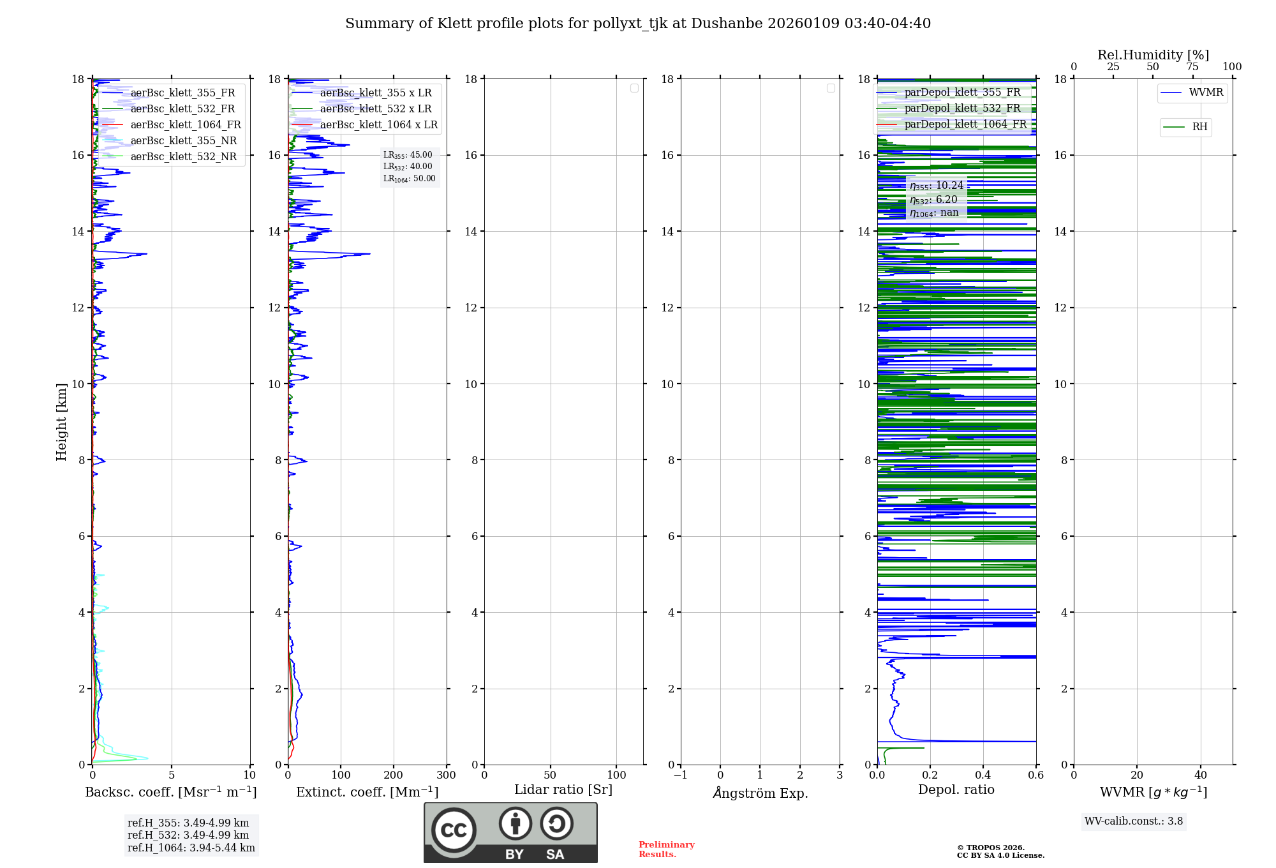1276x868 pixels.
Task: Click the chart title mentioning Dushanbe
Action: click(x=638, y=24)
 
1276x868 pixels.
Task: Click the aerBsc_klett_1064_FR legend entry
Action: click(x=185, y=125)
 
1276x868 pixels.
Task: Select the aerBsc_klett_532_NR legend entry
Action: click(x=183, y=157)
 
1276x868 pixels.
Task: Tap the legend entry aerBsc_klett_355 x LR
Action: click(x=375, y=93)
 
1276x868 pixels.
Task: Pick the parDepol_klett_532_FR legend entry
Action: click(x=962, y=108)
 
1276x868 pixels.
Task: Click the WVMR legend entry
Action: click(x=1206, y=93)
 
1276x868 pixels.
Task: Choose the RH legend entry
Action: click(x=1199, y=127)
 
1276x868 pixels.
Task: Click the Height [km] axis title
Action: click(x=61, y=422)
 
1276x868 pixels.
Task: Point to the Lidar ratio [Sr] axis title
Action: click(x=563, y=790)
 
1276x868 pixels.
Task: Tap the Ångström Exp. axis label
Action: click(x=760, y=793)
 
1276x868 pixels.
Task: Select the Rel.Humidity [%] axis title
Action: click(x=1153, y=55)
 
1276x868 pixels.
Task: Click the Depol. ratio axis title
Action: click(x=956, y=790)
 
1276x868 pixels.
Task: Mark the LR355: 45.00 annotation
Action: click(x=408, y=155)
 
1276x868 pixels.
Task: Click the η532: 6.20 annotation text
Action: click(x=933, y=200)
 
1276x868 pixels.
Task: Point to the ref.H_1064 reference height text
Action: click(x=191, y=848)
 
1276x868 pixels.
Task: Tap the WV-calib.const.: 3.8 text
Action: click(x=1134, y=821)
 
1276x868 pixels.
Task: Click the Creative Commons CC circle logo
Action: click(x=454, y=830)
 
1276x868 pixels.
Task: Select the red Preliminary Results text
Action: click(x=666, y=849)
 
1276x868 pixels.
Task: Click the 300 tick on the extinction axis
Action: click(x=446, y=775)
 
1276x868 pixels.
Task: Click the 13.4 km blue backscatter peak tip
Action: click(x=146, y=254)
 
